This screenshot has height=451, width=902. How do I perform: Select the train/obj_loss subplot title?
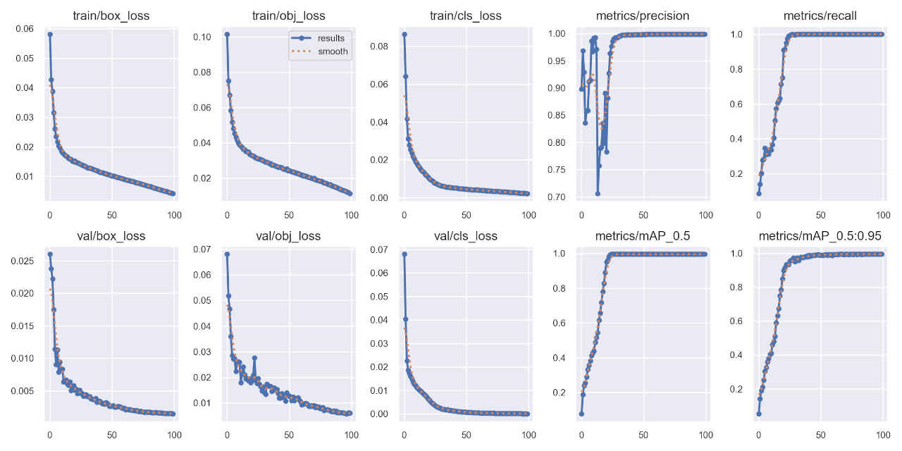point(288,16)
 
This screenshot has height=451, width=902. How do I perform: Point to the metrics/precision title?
point(642,16)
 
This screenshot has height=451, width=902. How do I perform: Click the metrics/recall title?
point(820,16)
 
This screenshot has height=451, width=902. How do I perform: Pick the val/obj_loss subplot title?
point(288,236)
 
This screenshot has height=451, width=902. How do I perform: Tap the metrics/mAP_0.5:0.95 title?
point(820,236)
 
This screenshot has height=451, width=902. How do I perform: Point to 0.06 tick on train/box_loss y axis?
point(24,29)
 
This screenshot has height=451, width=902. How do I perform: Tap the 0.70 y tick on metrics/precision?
point(557,197)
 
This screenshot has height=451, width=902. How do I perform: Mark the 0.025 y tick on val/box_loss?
point(21,261)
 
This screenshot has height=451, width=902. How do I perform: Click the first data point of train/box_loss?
point(49,34)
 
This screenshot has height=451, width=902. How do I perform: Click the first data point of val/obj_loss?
point(227,254)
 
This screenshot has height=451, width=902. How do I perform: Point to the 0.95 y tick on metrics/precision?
point(557,61)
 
